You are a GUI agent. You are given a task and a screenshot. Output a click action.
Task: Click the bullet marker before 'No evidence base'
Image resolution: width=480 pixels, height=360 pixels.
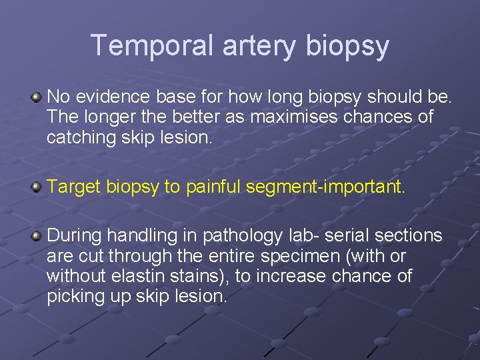37,98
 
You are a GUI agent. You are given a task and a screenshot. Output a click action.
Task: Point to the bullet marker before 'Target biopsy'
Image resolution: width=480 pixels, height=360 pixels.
37,187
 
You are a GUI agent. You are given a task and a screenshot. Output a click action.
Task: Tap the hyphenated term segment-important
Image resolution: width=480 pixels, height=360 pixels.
325,187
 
